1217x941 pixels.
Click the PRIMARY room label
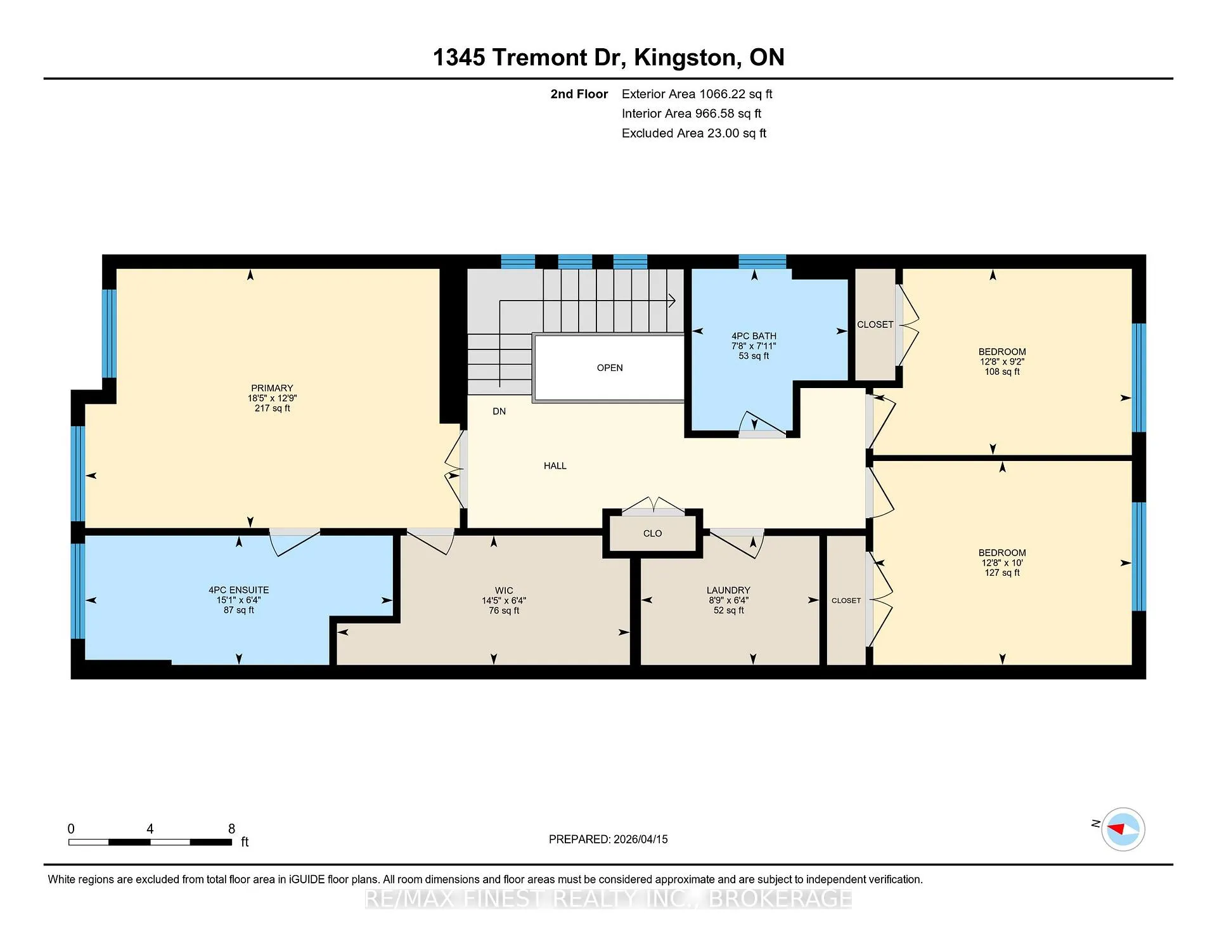[x=272, y=388]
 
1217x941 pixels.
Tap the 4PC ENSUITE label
[x=239, y=590]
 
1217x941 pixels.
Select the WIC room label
[x=504, y=590]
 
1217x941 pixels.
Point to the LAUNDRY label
[x=728, y=590]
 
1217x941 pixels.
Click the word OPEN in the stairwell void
[x=610, y=368]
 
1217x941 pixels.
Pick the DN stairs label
[x=499, y=411]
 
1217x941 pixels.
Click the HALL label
[x=555, y=465]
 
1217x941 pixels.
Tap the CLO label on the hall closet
[x=652, y=533]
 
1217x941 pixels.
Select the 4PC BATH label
[x=754, y=336]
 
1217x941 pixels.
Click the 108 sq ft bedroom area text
[x=1002, y=372]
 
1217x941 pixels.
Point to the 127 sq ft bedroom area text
[x=1002, y=573]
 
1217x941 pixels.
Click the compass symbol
[x=1123, y=829]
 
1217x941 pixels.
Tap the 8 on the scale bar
[x=231, y=829]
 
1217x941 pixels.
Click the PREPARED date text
[x=608, y=839]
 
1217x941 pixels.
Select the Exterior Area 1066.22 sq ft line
[x=697, y=94]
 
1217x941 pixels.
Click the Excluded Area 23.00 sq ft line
[x=694, y=133]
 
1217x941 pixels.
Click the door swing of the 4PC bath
[x=763, y=423]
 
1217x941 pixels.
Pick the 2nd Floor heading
[x=579, y=94]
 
